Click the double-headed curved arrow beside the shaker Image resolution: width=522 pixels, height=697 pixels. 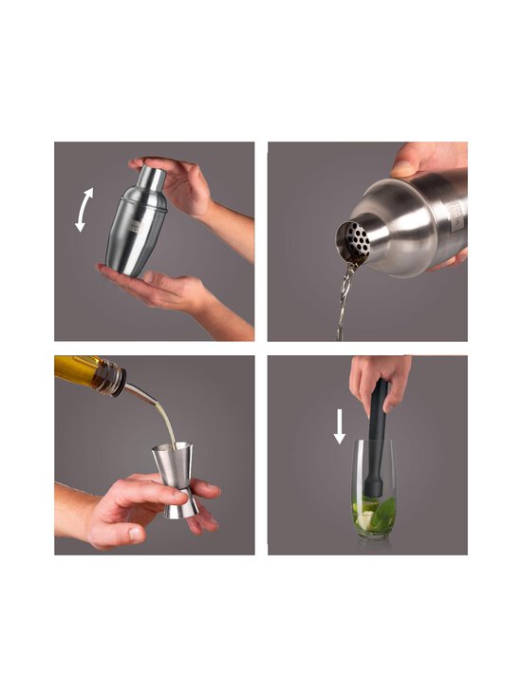point(84,210)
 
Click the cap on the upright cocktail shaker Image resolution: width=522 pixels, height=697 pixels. point(151,178)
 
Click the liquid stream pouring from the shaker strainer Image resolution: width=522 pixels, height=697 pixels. point(345,299)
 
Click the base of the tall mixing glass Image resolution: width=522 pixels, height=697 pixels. point(375,535)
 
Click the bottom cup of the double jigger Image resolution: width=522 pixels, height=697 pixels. point(180,502)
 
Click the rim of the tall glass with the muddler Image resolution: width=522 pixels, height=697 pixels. point(375,442)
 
